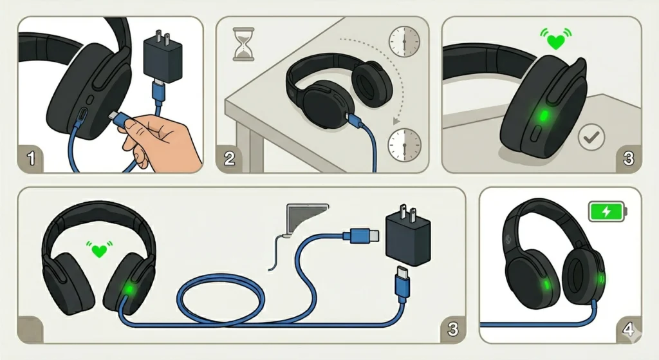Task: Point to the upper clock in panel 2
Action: coord(403,42)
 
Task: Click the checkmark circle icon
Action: coord(590,137)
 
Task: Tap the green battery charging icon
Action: coord(606,211)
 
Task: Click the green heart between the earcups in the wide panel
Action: coord(98,249)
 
